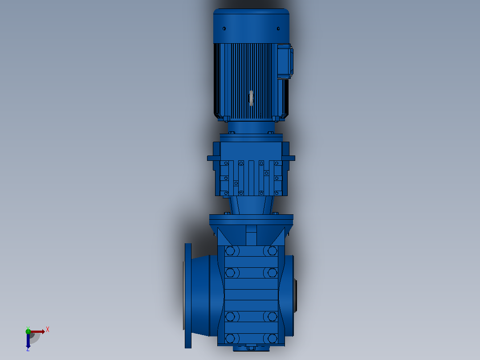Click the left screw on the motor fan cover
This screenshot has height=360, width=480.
224,29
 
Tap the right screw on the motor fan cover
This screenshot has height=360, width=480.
278,29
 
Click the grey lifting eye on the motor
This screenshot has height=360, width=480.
251,98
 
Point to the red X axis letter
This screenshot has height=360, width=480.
48,330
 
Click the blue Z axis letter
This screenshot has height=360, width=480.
28,349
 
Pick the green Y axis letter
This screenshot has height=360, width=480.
28,328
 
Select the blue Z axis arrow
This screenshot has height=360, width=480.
28,340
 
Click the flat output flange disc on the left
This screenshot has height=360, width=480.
188,296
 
